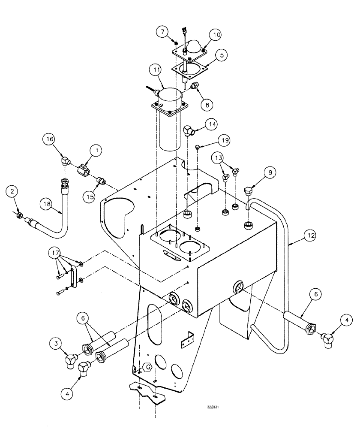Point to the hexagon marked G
(x=147, y=368)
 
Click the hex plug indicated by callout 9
(x=249, y=190)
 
